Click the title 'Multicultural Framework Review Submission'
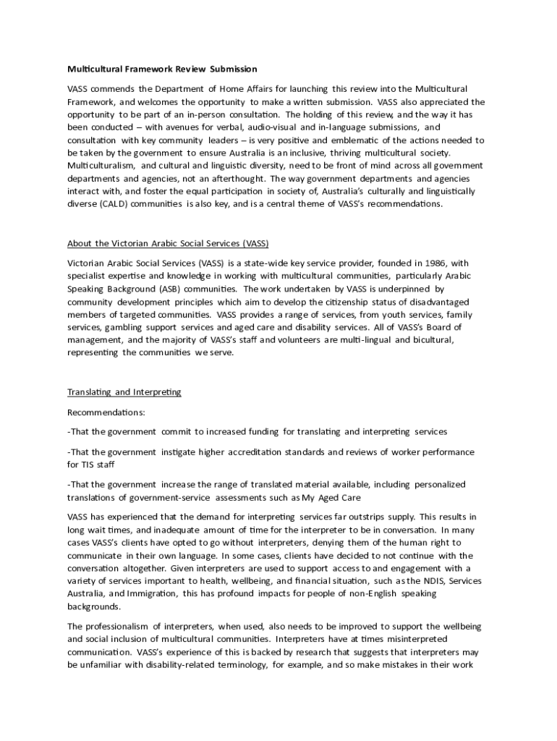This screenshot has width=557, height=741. coord(162,69)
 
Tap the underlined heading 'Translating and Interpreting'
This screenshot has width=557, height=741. coord(124,392)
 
